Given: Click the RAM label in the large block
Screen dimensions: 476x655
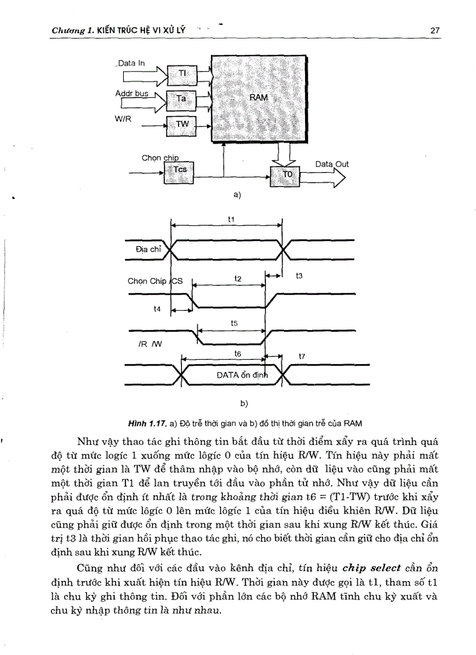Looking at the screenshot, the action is click(258, 97).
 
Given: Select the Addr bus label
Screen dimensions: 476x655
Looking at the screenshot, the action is click(132, 93).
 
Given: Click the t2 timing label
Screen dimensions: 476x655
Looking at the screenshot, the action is click(238, 279).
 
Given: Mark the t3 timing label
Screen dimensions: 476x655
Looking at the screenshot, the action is click(299, 275).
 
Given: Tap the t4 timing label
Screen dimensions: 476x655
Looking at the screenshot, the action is click(157, 309).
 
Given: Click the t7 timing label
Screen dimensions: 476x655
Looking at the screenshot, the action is click(302, 355).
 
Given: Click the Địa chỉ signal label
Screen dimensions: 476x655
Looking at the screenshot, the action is click(148, 249).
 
